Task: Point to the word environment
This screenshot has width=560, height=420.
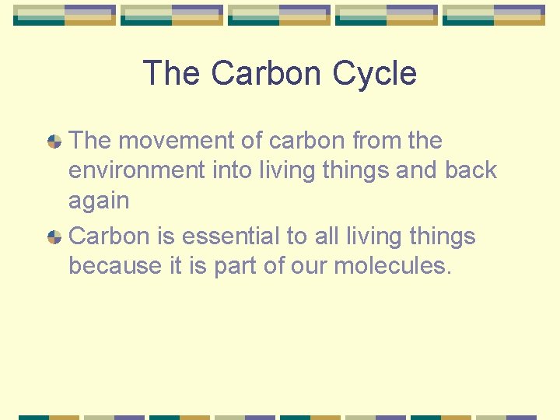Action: pyautogui.click(x=137, y=170)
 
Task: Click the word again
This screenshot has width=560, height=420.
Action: pyautogui.click(x=99, y=201)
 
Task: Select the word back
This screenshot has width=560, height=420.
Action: pyautogui.click(x=471, y=170)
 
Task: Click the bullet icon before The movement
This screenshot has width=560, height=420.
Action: pyautogui.click(x=54, y=142)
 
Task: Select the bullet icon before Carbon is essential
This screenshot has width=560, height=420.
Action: pyautogui.click(x=54, y=237)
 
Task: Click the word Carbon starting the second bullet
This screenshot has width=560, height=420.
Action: pyautogui.click(x=108, y=236)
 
